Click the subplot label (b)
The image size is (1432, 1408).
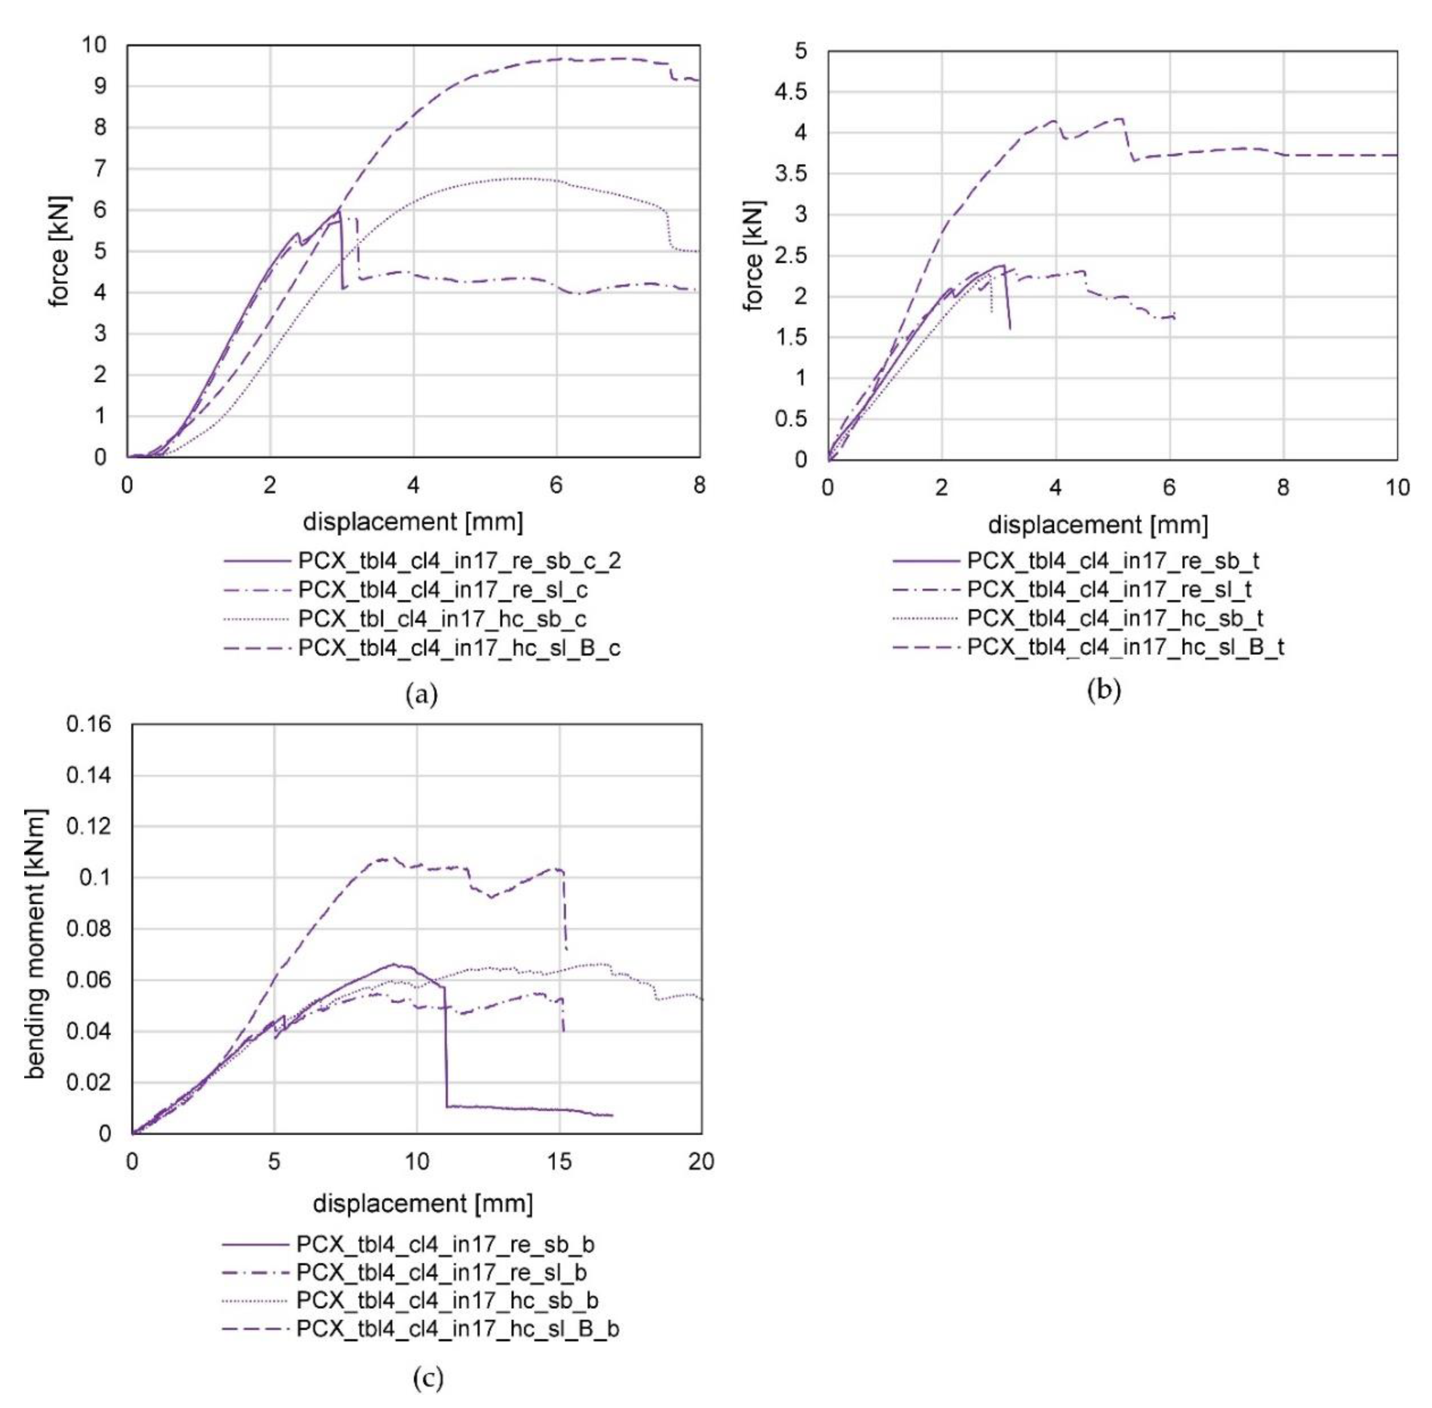tap(1104, 690)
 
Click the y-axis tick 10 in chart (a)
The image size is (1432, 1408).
tap(94, 45)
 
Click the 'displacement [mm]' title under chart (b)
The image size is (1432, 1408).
tap(1098, 525)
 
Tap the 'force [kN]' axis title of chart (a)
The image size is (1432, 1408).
tap(59, 251)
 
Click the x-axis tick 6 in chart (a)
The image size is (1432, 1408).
tap(556, 486)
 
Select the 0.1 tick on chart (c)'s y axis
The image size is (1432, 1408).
tap(94, 878)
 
